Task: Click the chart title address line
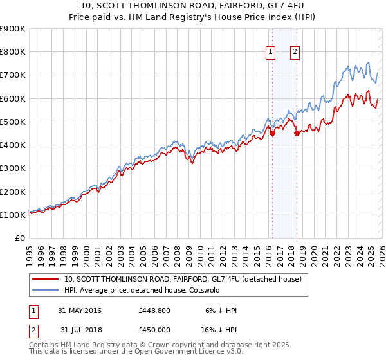193,7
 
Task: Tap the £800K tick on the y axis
13,52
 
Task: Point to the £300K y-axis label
13,168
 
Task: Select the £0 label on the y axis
19,239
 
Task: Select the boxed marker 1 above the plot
270,53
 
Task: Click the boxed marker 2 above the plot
295,53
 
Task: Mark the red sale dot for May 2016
272,134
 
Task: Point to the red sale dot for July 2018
297,134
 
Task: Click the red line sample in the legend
45,280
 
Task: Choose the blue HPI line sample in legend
45,290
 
